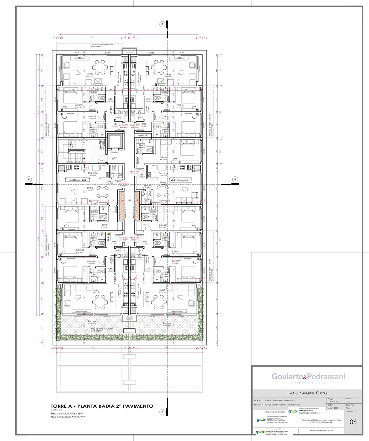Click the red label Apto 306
click(x=134, y=172)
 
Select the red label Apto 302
click(x=124, y=125)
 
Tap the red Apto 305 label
click(x=134, y=238)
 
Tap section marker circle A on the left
click(x=29, y=179)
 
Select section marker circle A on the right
click(x=235, y=179)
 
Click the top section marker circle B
click(x=162, y=24)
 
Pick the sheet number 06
click(x=353, y=422)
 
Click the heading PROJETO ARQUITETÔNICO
click(x=307, y=393)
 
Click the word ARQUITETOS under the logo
click(x=307, y=383)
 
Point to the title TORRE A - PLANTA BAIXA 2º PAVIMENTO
click(x=102, y=406)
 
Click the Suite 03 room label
click(x=162, y=225)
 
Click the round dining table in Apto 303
click(x=102, y=192)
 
